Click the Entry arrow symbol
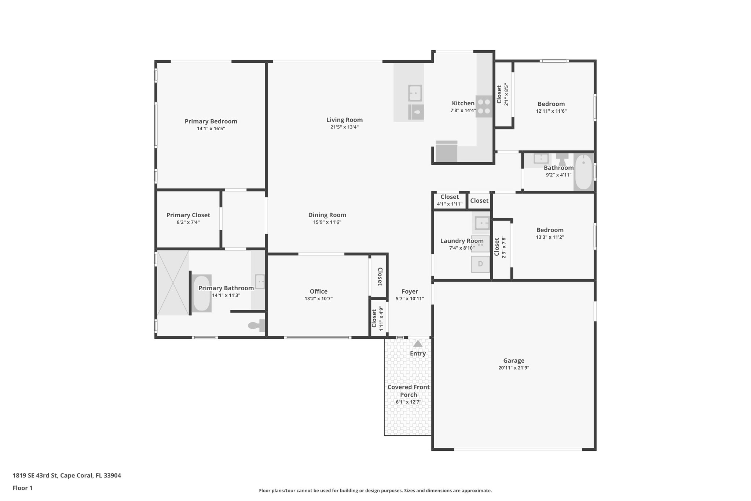pyautogui.click(x=418, y=344)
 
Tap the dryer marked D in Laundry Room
pyautogui.click(x=480, y=264)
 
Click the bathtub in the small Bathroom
pyautogui.click(x=583, y=172)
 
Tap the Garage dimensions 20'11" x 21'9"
pyautogui.click(x=513, y=368)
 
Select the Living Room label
pyautogui.click(x=344, y=120)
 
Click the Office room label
pyautogui.click(x=318, y=291)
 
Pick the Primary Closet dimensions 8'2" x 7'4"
pyautogui.click(x=188, y=222)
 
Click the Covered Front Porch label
pyautogui.click(x=409, y=391)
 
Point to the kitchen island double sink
pyautogui.click(x=415, y=93)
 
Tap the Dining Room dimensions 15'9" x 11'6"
pyautogui.click(x=327, y=222)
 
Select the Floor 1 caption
pyautogui.click(x=23, y=488)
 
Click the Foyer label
pyautogui.click(x=410, y=291)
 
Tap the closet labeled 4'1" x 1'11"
pyautogui.click(x=450, y=200)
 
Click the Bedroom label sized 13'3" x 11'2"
pyautogui.click(x=550, y=230)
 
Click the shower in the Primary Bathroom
pyautogui.click(x=173, y=283)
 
